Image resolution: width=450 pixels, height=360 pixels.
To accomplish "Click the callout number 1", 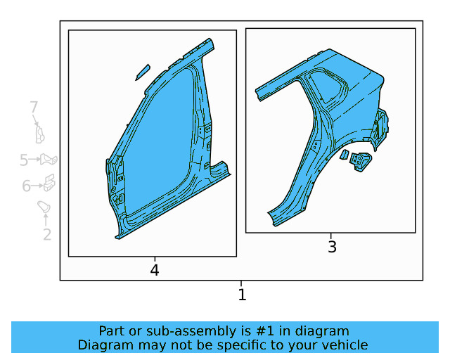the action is [242, 295].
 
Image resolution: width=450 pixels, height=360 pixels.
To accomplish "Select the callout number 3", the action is [332, 247].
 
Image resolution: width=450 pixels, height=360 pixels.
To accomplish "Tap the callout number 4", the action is [155, 270].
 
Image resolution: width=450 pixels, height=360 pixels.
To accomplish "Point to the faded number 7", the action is [34, 107].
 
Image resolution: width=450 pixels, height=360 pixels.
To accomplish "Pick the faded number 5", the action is [24, 160].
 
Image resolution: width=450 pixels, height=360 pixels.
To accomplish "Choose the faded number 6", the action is [26, 186].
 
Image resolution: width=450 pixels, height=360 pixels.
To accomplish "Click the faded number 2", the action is [47, 235].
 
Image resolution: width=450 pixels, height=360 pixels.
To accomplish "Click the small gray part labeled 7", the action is [40, 134].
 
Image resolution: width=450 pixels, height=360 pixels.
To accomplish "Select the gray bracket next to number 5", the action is [49, 160].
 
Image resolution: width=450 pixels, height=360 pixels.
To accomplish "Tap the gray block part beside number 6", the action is [49, 182].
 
